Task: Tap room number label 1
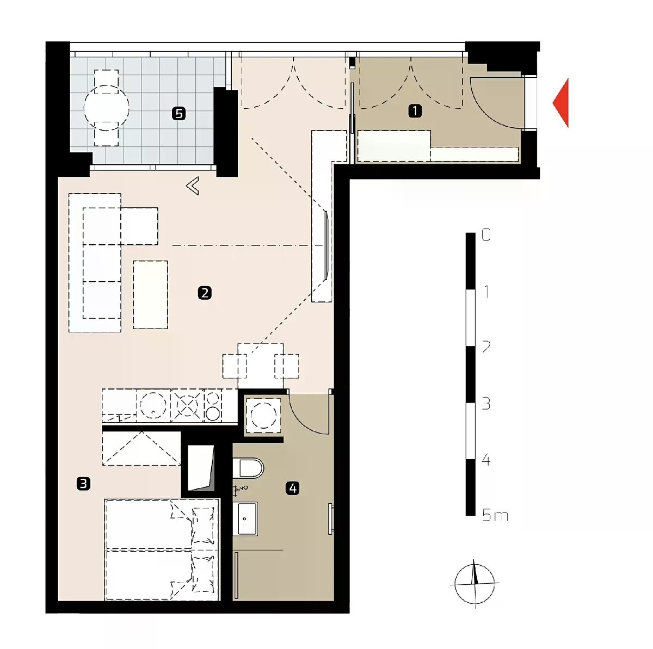coord(415,111)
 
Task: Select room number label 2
coord(205,293)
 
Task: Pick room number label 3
coord(83,483)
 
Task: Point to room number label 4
coord(292,489)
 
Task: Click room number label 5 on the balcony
coord(179,113)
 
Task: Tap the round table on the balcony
coord(107,108)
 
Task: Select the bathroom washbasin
coord(245,518)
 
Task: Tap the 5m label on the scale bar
coord(495,516)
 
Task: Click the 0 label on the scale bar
coord(486,234)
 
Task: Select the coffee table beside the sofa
coord(150,294)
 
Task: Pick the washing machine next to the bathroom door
coord(263,416)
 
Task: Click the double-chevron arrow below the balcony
coord(193,186)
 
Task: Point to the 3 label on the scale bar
coord(486,404)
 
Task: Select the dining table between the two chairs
coord(260,366)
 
